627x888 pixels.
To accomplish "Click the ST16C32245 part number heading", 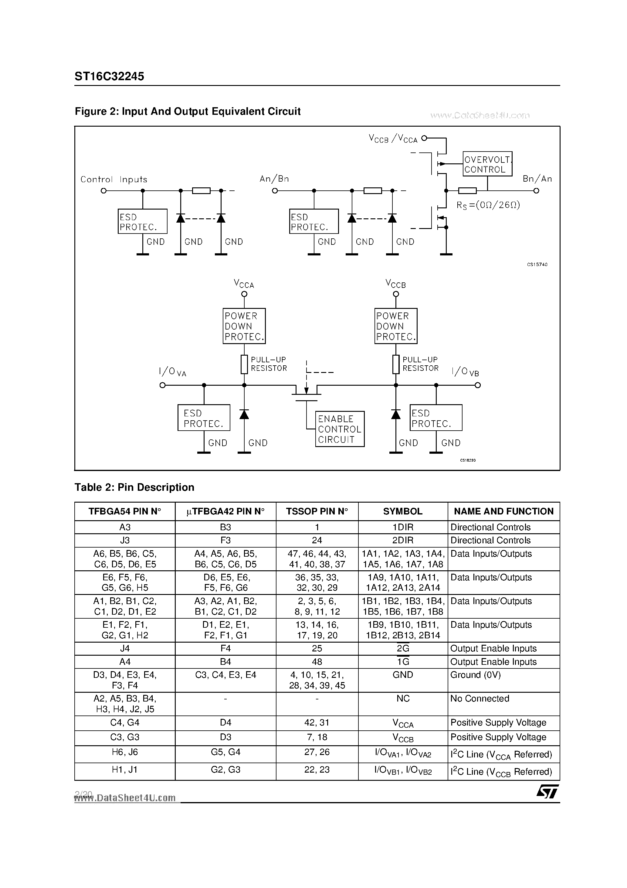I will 109,76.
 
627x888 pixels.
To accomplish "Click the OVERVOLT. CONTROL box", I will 487,164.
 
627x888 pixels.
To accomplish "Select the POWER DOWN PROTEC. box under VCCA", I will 244,326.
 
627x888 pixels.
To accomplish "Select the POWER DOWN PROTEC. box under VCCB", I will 396,326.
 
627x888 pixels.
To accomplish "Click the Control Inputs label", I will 114,179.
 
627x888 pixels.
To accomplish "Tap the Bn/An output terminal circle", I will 536,191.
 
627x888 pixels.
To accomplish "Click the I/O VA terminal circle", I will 163,385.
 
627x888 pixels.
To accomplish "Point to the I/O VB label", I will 465,372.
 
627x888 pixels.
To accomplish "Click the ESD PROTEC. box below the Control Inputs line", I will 142,222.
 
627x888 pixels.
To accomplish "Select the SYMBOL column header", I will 402,511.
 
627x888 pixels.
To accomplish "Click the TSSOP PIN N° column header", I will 317,511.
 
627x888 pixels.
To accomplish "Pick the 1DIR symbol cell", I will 402,527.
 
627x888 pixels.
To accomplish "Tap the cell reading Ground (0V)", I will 476,675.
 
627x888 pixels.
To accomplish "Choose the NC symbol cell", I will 402,698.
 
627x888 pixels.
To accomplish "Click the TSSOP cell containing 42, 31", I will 317,722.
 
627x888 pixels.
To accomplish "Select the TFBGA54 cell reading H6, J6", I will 124,752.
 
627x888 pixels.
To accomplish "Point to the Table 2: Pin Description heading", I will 134,487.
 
